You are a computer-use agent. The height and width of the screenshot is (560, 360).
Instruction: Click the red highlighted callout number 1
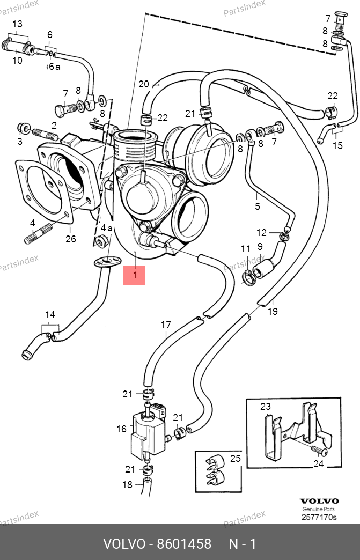[135, 275]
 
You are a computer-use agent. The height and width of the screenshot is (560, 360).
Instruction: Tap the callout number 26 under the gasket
[71, 239]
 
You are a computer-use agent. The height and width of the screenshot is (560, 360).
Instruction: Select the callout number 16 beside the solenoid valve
[121, 429]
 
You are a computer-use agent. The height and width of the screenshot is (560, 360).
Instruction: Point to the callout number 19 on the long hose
[273, 312]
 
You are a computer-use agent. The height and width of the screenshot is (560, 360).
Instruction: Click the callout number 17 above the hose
[166, 325]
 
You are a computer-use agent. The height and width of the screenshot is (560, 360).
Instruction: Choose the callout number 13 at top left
[17, 24]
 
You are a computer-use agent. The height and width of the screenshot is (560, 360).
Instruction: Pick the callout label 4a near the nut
[106, 228]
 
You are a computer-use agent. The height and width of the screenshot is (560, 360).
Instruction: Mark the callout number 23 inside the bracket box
[266, 407]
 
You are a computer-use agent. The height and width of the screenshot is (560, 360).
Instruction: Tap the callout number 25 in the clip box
[236, 458]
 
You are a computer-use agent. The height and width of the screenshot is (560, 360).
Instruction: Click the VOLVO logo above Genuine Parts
[319, 502]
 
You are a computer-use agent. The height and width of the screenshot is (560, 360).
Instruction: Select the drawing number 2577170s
[319, 517]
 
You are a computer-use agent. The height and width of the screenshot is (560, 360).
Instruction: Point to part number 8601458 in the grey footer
[184, 544]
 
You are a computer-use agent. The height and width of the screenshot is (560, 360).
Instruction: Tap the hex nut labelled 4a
[102, 241]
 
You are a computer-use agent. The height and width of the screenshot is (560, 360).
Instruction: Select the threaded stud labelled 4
[38, 233]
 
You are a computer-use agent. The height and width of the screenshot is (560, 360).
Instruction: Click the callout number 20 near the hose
[144, 84]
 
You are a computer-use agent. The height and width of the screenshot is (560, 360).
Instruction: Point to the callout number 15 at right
[337, 145]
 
